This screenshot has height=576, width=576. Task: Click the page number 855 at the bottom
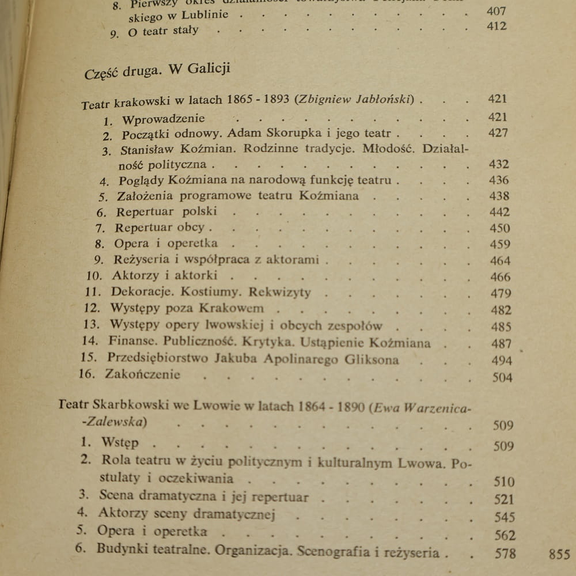coord(559,555)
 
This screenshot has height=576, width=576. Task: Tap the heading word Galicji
coord(208,69)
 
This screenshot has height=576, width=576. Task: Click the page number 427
coord(498,133)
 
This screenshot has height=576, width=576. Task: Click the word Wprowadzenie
coord(164,119)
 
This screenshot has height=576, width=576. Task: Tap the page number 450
coord(499,228)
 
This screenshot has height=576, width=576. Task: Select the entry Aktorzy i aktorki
coord(164,275)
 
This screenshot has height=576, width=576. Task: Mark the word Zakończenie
coord(142,374)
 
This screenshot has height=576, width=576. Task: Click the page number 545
coord(504,517)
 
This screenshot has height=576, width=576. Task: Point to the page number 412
coord(496,26)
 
